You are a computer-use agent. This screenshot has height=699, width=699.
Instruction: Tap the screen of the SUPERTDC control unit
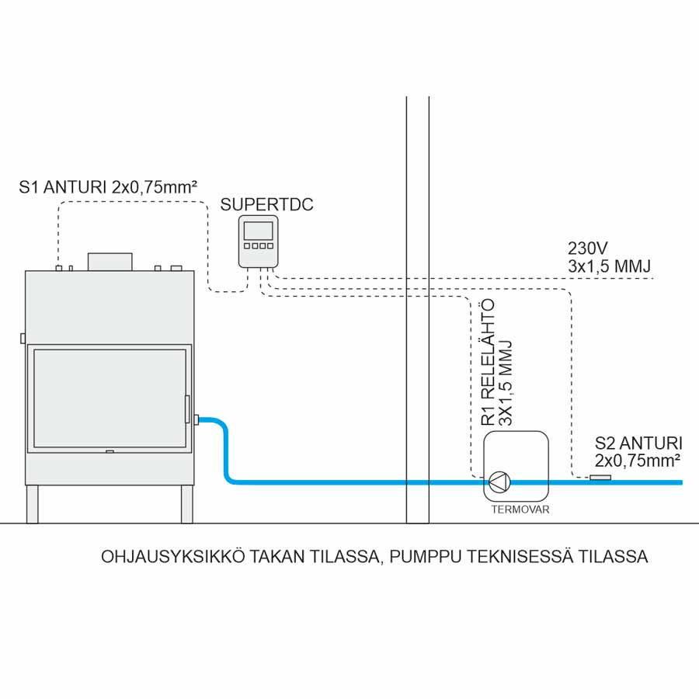coord(259,231)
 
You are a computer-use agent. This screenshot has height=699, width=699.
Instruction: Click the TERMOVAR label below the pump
coord(516,511)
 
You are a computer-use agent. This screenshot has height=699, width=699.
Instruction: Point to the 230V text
coord(588,249)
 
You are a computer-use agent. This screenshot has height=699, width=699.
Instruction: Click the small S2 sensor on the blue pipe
coord(600,478)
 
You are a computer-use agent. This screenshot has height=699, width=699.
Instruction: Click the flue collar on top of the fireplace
coord(110,262)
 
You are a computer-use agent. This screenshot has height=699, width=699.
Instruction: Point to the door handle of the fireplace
coord(186,409)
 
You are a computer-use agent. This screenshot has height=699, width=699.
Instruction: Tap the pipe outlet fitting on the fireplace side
coord(197,420)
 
